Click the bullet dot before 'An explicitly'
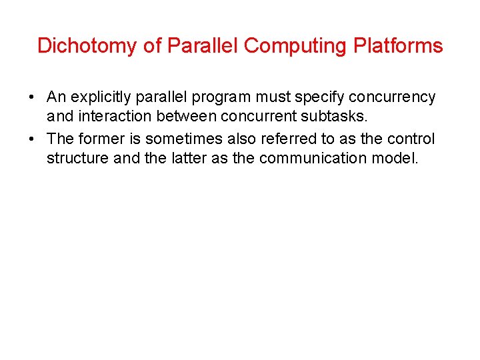point(32,97)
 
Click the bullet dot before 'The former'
point(32,139)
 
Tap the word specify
point(312,97)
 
